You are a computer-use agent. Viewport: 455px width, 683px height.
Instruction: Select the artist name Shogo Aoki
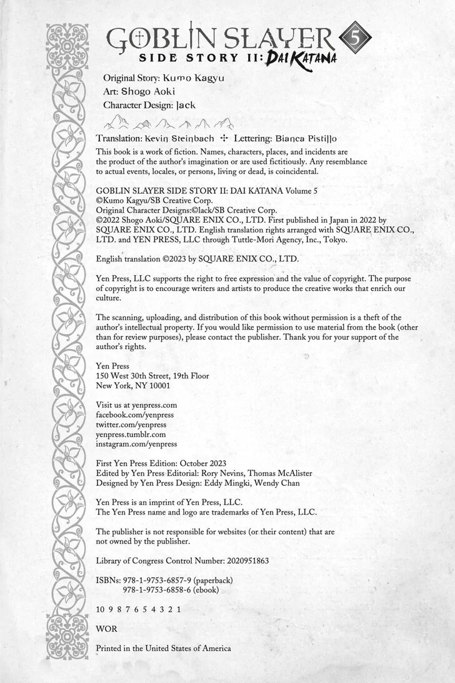[148, 91]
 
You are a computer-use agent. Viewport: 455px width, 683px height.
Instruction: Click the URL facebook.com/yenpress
[134, 415]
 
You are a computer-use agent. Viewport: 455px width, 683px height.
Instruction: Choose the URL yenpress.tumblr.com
[131, 434]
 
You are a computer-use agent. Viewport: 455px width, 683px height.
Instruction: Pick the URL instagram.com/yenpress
[136, 443]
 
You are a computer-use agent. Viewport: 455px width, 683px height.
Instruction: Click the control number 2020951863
[241, 560]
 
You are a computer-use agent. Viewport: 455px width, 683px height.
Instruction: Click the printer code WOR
[106, 628]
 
